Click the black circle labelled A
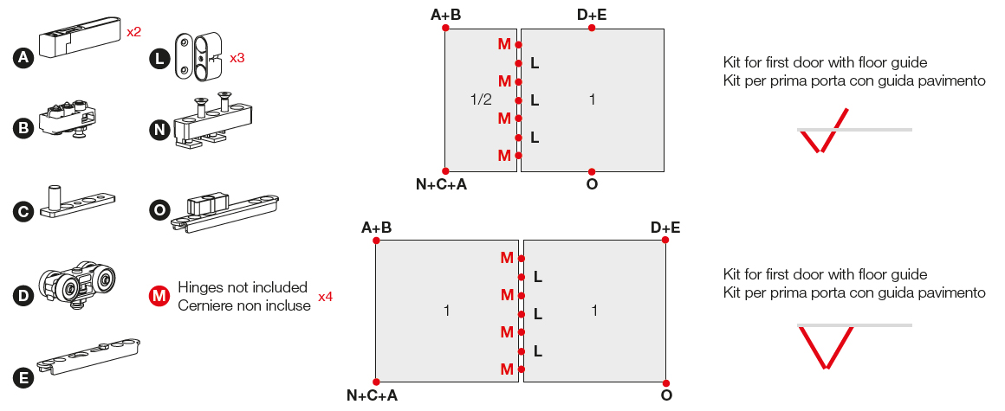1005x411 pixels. [x=23, y=58]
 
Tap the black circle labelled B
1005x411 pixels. [x=23, y=129]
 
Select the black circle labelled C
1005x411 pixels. [x=23, y=211]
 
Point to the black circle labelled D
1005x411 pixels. [x=23, y=294]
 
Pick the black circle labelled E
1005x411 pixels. [x=23, y=378]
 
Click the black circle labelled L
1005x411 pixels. [x=159, y=58]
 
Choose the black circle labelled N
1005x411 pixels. [x=159, y=129]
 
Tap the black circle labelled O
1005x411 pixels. [x=159, y=211]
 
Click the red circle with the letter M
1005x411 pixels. [x=159, y=296]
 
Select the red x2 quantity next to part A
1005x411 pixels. [x=133, y=32]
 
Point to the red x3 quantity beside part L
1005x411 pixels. [x=237, y=58]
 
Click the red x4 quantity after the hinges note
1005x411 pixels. [x=325, y=297]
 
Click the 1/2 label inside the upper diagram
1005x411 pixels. [x=480, y=100]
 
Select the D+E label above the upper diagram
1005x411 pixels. [x=592, y=14]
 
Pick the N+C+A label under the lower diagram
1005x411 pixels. [x=372, y=395]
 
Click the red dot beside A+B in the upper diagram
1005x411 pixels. [x=445, y=28]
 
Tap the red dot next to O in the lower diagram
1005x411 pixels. [x=665, y=382]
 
